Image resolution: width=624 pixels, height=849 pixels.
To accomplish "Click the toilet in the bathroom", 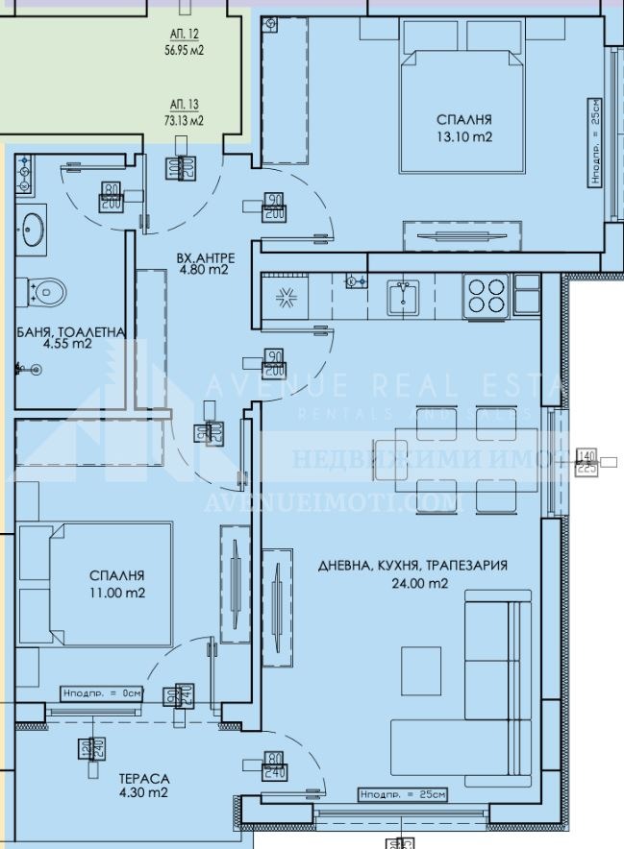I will pos(45,288).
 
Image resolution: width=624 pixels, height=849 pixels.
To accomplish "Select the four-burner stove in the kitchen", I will pos(486,295).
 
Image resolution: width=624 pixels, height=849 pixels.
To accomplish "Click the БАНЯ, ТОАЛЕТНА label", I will pos(70,332).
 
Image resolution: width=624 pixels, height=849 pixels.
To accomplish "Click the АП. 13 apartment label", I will pos(184,104).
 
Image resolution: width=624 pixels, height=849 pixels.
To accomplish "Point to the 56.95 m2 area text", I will pos(184,51).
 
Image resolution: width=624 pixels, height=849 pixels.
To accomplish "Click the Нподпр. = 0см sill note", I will pos(101,692).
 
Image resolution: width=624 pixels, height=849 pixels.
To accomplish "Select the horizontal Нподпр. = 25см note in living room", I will pos(403,794).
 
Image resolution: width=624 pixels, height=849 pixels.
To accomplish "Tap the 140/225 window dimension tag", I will pos(586,462).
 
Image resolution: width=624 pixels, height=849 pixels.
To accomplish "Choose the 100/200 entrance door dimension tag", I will pos(181,167).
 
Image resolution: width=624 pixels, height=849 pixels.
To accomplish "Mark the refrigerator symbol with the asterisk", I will pos(285,297).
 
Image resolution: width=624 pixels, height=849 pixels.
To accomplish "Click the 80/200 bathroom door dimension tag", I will pos(111,197).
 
